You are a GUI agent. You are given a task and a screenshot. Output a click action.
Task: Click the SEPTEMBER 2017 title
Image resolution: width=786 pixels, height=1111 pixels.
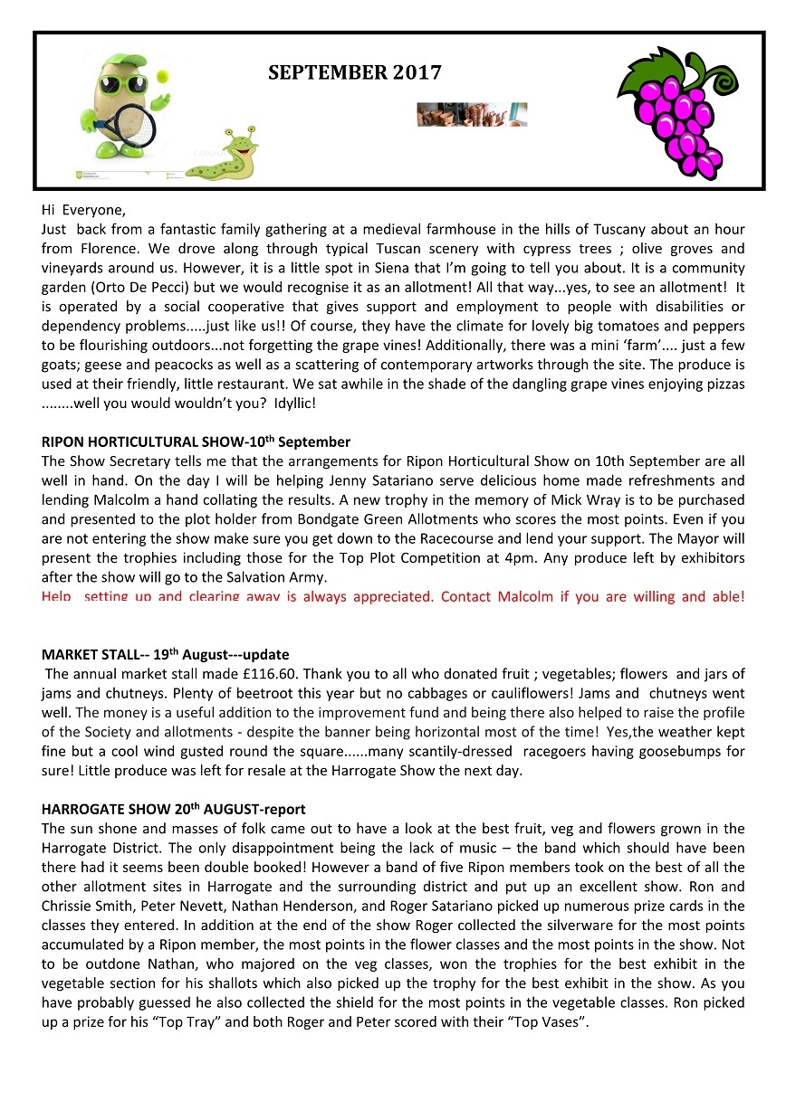(x=354, y=73)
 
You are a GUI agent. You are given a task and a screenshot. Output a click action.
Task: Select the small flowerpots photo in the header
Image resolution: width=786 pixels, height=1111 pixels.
(x=472, y=114)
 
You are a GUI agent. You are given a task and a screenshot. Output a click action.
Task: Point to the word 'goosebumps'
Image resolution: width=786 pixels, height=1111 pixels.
(x=675, y=750)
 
